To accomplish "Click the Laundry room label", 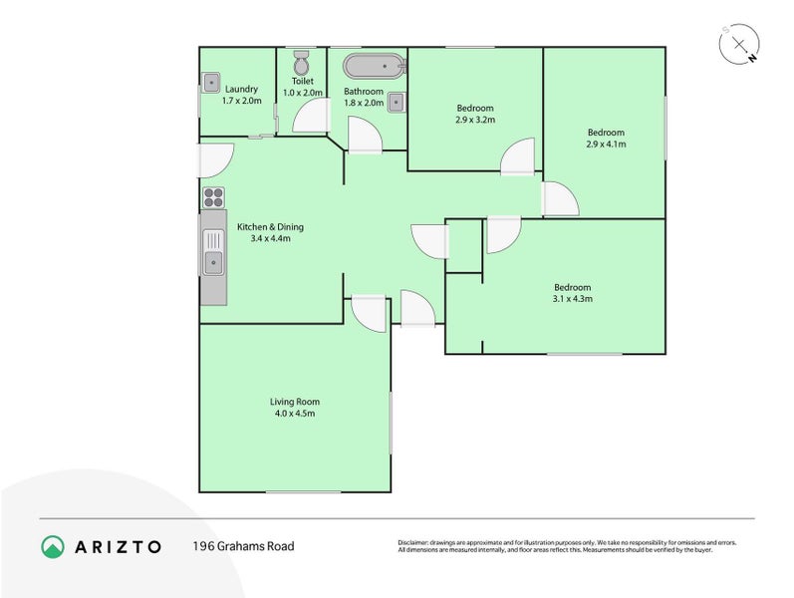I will (x=241, y=89).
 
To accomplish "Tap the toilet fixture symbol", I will (x=302, y=61).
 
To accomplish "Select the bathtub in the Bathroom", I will (x=375, y=67).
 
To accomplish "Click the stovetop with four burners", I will (x=213, y=196).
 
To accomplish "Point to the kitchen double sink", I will (x=213, y=251).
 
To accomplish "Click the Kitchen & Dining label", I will (x=270, y=227).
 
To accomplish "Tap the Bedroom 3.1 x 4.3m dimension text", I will (x=572, y=298).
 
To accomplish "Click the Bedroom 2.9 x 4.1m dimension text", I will (x=605, y=145).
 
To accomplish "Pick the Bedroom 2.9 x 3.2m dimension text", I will (x=475, y=120).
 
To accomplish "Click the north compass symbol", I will (x=739, y=45).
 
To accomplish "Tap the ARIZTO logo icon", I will (x=53, y=546).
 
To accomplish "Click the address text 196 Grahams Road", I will (x=243, y=546).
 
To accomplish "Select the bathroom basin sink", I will (x=397, y=101).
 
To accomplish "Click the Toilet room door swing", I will (x=311, y=117).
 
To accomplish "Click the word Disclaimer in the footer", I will (x=413, y=542).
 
